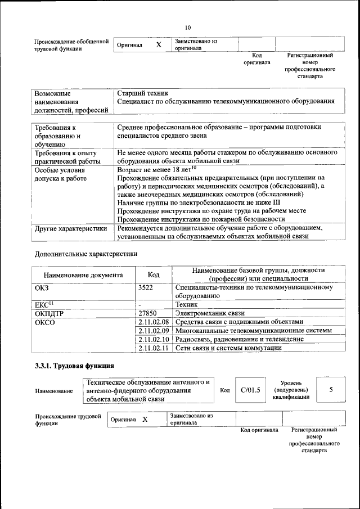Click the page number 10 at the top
(188, 28)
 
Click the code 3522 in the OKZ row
(146, 287)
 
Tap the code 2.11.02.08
(154, 322)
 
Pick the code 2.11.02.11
(154, 348)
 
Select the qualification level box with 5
(331, 389)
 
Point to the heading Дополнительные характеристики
(86, 254)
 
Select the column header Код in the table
(154, 275)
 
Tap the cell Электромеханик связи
(210, 313)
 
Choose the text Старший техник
(143, 93)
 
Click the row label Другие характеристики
(71, 229)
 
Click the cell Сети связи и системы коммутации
(228, 348)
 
